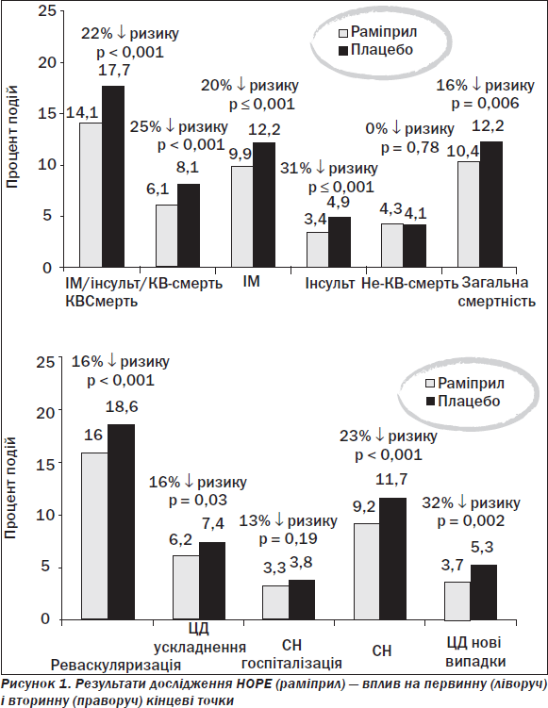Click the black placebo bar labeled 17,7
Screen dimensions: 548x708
(x=113, y=176)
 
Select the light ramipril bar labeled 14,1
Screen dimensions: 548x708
(x=91, y=194)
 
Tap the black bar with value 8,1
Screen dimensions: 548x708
(x=189, y=225)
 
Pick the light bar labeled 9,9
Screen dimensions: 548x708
(x=242, y=216)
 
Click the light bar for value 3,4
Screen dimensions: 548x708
(x=318, y=249)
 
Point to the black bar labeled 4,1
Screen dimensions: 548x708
(x=415, y=246)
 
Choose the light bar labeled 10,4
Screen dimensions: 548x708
(x=469, y=214)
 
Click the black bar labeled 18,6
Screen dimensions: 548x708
(x=121, y=521)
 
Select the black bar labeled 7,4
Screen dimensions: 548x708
(x=212, y=581)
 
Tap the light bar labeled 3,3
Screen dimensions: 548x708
(x=275, y=602)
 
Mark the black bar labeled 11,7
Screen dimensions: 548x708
(x=393, y=558)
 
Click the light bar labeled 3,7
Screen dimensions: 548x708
(x=457, y=601)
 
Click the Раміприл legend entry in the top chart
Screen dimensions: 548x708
(x=378, y=32)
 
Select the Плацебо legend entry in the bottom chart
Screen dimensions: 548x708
(x=463, y=401)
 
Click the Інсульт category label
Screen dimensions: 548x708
(x=330, y=283)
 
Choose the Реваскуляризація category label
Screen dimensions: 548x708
(x=116, y=665)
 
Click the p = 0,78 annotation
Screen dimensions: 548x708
(x=410, y=148)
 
